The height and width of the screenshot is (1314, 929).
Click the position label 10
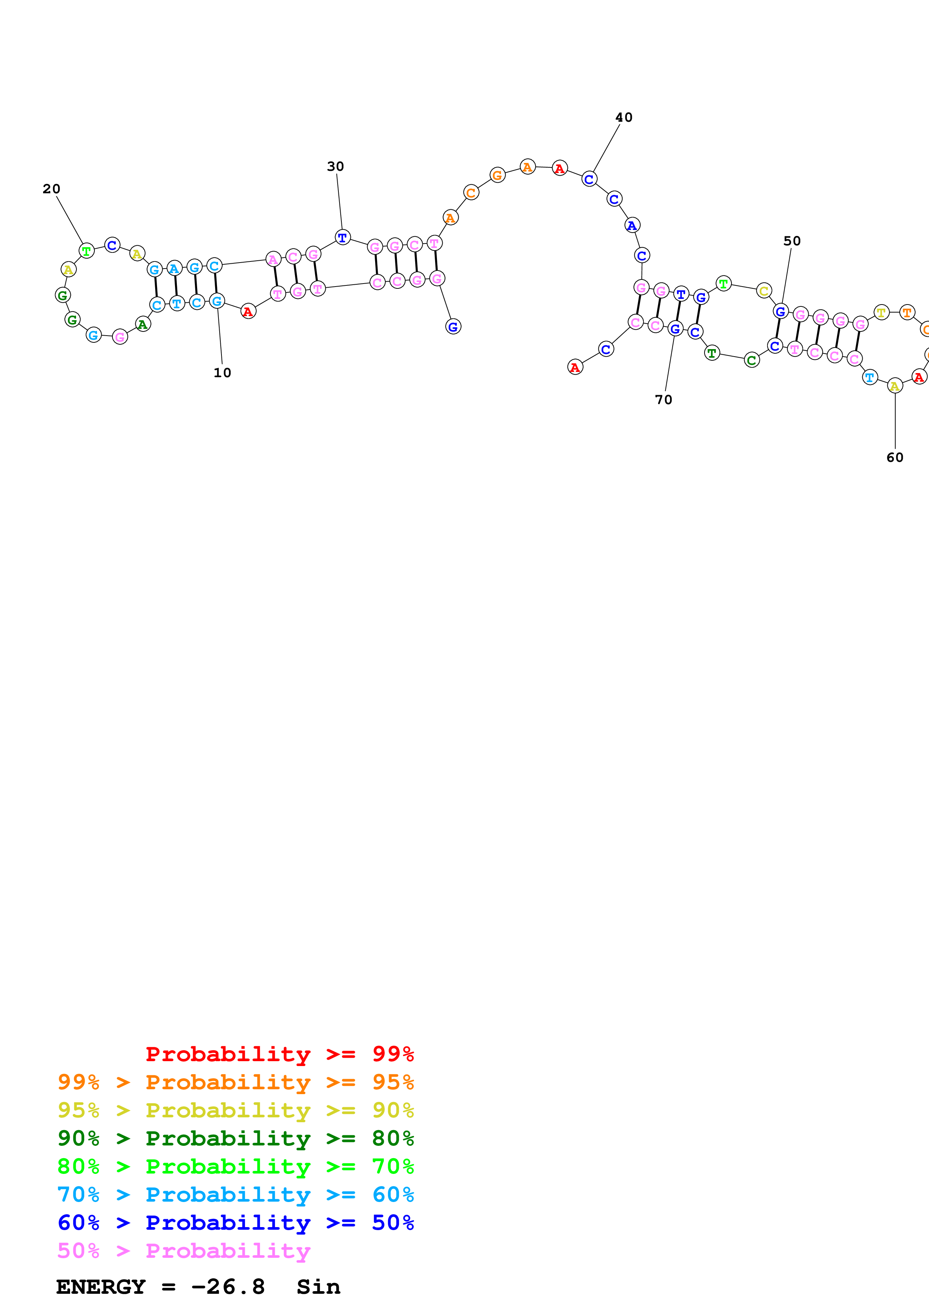pyautogui.click(x=222, y=373)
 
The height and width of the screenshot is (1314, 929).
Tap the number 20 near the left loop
pyautogui.click(x=51, y=189)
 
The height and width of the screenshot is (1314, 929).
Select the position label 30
pyautogui.click(x=335, y=167)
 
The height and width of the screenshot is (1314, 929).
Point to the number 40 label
pyautogui.click(x=624, y=117)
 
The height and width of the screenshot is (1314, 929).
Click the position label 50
pyautogui.click(x=792, y=241)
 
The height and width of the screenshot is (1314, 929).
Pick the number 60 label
pyautogui.click(x=895, y=457)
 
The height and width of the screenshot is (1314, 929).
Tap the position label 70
pyautogui.click(x=663, y=399)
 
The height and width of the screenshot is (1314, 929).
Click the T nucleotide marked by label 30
pyautogui.click(x=342, y=237)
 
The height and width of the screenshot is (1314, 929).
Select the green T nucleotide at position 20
pyautogui.click(x=87, y=251)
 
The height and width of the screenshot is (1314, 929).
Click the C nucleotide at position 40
pyautogui.click(x=589, y=179)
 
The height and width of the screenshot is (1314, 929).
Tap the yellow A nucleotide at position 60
pyautogui.click(x=895, y=386)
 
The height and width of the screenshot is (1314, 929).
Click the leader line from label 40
pyautogui.click(x=607, y=148)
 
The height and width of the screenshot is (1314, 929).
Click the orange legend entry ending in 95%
pyautogui.click(x=236, y=1082)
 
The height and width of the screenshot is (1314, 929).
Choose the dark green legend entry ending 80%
pyautogui.click(x=236, y=1138)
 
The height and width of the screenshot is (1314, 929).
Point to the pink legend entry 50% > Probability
pyautogui.click(x=184, y=1251)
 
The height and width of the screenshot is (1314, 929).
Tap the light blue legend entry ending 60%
pyautogui.click(x=236, y=1195)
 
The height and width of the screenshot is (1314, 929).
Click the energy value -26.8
pyautogui.click(x=228, y=1287)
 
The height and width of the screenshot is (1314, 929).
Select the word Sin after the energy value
pyautogui.click(x=318, y=1287)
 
